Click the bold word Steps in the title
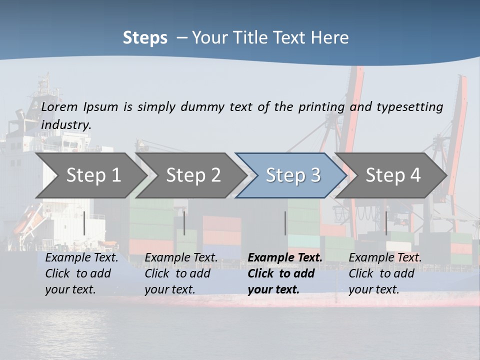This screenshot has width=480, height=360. click(x=145, y=38)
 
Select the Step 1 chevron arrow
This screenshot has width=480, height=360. click(x=90, y=175)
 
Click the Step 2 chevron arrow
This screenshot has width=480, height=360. click(x=190, y=175)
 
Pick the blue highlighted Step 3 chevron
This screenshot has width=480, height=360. click(x=291, y=175)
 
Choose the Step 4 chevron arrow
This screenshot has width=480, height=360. click(x=391, y=175)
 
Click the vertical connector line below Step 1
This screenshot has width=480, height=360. click(x=84, y=223)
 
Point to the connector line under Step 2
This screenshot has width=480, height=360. click(x=184, y=223)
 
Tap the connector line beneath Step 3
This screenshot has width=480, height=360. click(x=285, y=223)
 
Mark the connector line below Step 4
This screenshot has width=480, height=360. click(x=386, y=223)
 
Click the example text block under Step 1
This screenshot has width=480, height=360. click(x=81, y=273)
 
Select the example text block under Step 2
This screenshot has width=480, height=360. click(x=181, y=273)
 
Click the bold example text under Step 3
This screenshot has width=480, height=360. click(x=284, y=273)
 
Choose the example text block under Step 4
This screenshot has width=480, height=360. click(x=385, y=273)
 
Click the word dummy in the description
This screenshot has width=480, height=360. click(x=201, y=107)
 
